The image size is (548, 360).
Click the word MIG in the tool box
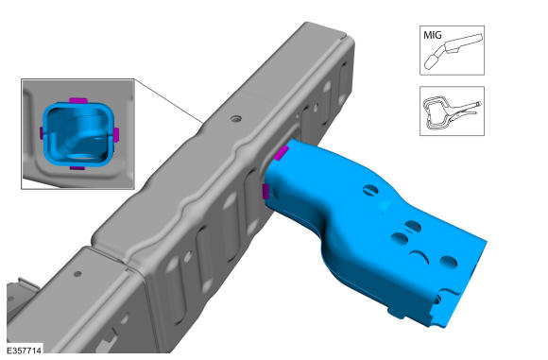pyautogui.click(x=433, y=35)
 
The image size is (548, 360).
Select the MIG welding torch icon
pyautogui.click(x=454, y=50)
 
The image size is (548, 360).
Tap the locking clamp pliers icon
pyautogui.click(x=452, y=111)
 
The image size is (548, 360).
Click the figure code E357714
pyautogui.click(x=24, y=351)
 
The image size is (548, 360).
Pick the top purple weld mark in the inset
pyautogui.click(x=78, y=101)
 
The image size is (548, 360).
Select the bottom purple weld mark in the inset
pyautogui.click(x=77, y=168)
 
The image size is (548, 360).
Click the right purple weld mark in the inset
pyautogui.click(x=116, y=134)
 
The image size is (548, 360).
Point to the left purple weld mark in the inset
pyautogui.click(x=42, y=133)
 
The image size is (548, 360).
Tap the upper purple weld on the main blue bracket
pyautogui.click(x=281, y=153)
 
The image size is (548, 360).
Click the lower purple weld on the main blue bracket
pyautogui.click(x=265, y=192)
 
